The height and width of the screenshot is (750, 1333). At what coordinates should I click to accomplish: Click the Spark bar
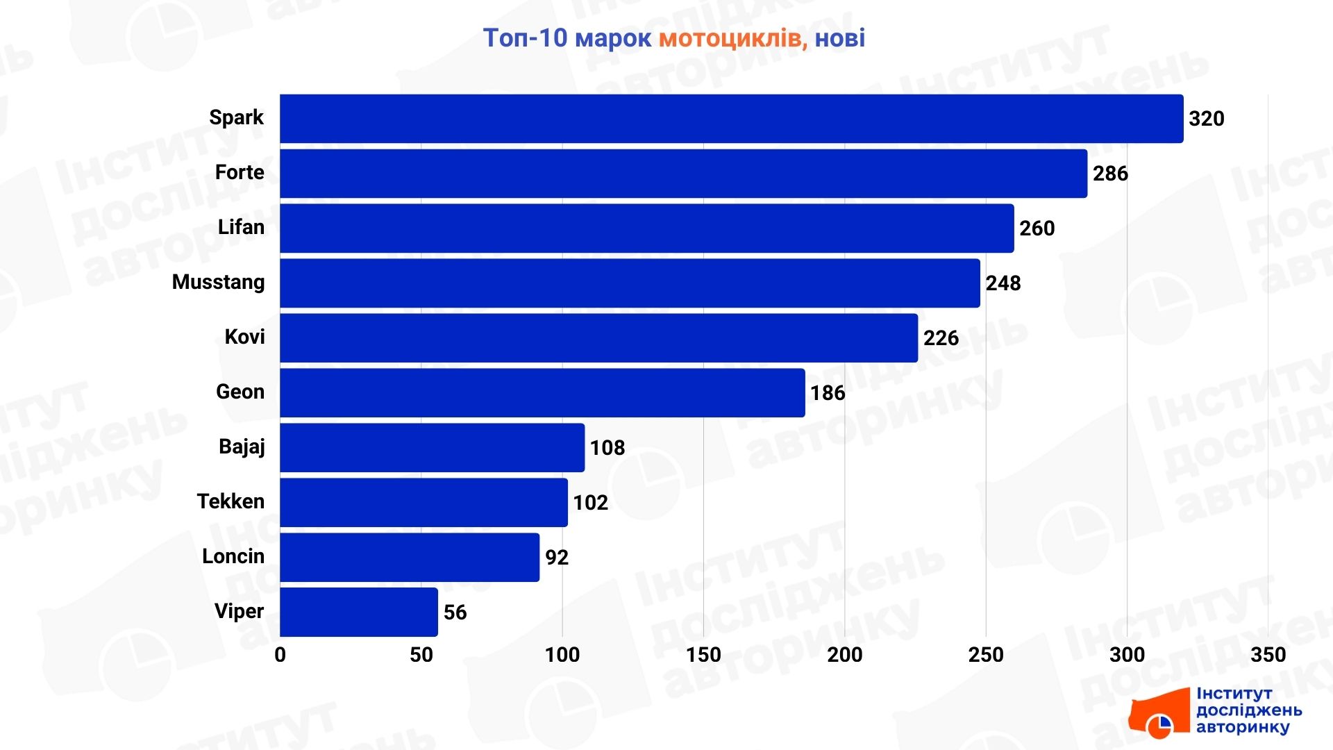click(731, 119)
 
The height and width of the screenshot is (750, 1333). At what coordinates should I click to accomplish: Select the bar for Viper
click(359, 612)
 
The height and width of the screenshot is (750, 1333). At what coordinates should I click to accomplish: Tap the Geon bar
click(542, 392)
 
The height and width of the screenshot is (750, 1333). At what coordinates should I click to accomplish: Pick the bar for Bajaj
click(432, 447)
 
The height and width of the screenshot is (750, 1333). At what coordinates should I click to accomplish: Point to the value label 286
click(1110, 174)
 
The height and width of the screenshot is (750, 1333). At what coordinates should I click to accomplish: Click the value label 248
click(1003, 283)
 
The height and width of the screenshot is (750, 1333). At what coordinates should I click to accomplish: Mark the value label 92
click(557, 558)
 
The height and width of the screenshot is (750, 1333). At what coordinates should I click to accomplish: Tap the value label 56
click(455, 612)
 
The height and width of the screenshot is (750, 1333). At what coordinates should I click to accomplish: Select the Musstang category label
click(218, 282)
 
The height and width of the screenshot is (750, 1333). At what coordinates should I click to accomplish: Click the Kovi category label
click(244, 337)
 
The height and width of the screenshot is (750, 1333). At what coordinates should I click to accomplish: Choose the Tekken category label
click(230, 501)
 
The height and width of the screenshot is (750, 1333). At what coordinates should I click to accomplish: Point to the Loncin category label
click(233, 556)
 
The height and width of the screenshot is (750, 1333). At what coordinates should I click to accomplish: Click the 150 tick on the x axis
click(703, 655)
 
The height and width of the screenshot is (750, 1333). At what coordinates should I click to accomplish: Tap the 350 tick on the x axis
click(1268, 655)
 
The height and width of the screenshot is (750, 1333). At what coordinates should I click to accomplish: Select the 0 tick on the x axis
click(280, 655)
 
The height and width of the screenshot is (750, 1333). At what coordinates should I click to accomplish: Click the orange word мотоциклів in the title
click(732, 38)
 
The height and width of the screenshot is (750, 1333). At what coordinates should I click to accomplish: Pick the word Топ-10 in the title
click(525, 38)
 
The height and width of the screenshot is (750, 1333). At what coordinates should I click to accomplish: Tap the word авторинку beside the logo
click(1242, 727)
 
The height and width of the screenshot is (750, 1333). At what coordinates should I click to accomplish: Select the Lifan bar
click(646, 228)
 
